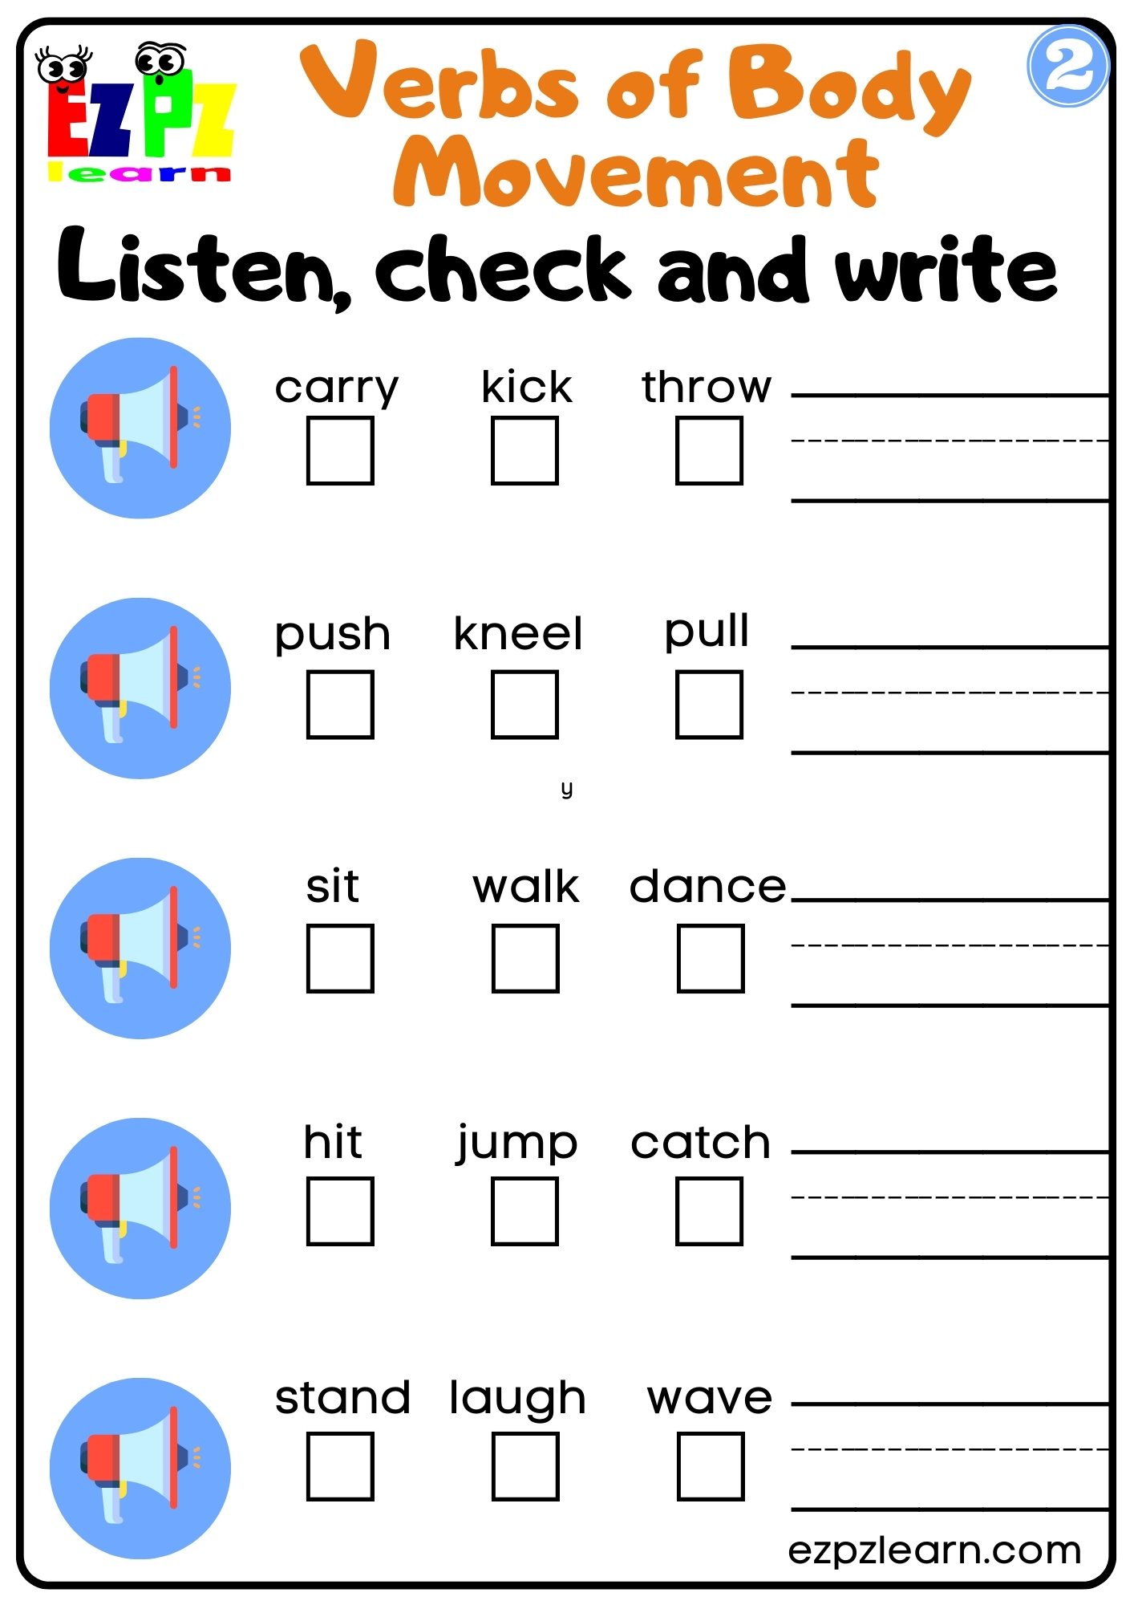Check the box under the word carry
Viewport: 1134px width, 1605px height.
340,450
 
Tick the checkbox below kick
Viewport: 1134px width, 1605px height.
524,450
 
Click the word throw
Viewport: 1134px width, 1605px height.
707,387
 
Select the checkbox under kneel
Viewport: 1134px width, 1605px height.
524,705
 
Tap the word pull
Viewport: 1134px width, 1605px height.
707,632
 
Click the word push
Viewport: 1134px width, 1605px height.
333,634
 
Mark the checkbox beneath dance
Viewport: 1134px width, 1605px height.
711,958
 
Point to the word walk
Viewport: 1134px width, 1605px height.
525,887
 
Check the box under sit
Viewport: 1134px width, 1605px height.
340,958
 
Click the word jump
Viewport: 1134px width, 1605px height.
517,1143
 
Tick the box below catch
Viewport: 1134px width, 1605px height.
709,1211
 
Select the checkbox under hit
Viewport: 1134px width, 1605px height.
340,1211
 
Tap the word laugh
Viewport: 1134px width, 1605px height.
517,1399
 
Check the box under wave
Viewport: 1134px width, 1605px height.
711,1466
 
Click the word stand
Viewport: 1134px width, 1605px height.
342,1398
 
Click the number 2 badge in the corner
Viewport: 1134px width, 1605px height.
1067,67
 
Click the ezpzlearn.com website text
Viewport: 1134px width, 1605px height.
934,1550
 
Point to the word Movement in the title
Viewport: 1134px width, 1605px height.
636,173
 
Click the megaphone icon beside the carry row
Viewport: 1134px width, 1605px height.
140,428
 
